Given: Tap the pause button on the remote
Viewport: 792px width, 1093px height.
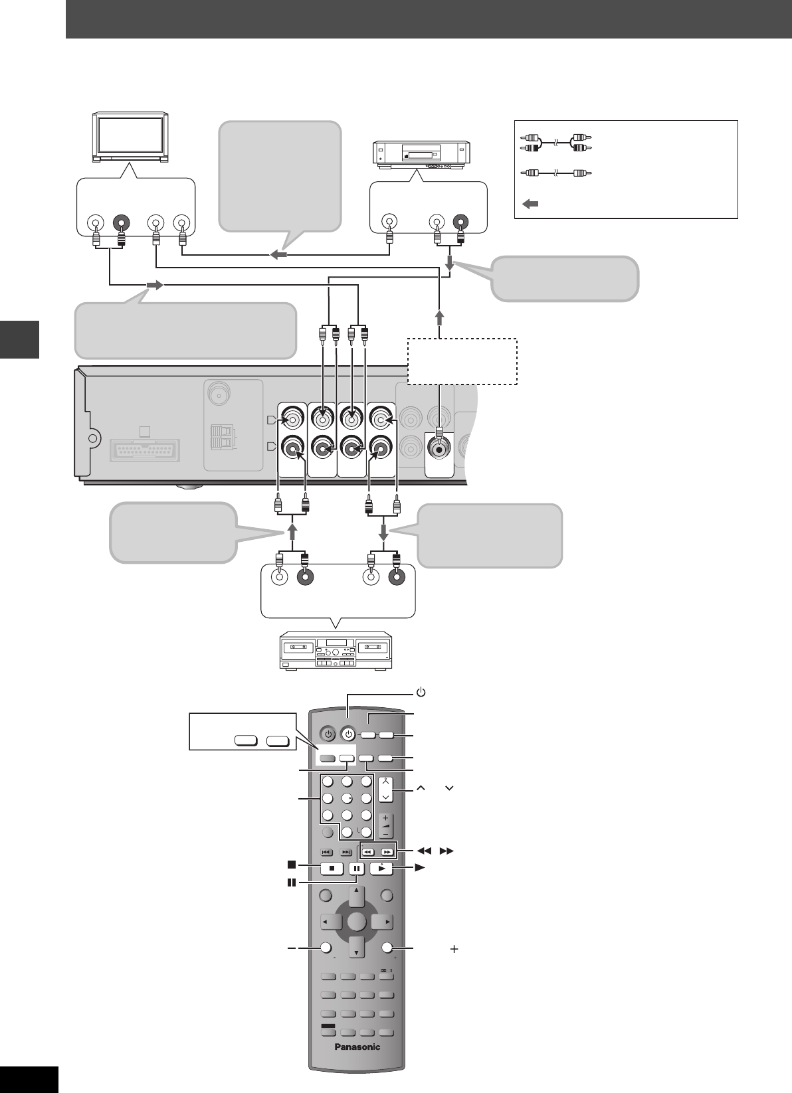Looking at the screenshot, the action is [356, 868].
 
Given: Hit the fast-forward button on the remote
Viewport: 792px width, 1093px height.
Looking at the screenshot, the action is [389, 851].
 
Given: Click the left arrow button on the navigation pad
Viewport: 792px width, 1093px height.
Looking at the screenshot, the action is [330, 922].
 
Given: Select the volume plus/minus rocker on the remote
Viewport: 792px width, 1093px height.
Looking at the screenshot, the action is [385, 825].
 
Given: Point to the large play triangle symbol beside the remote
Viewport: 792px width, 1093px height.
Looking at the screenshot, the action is [420, 867].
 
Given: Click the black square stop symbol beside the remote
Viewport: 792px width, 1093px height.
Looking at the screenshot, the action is [291, 865].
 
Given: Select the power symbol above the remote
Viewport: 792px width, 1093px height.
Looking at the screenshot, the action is [420, 693].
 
